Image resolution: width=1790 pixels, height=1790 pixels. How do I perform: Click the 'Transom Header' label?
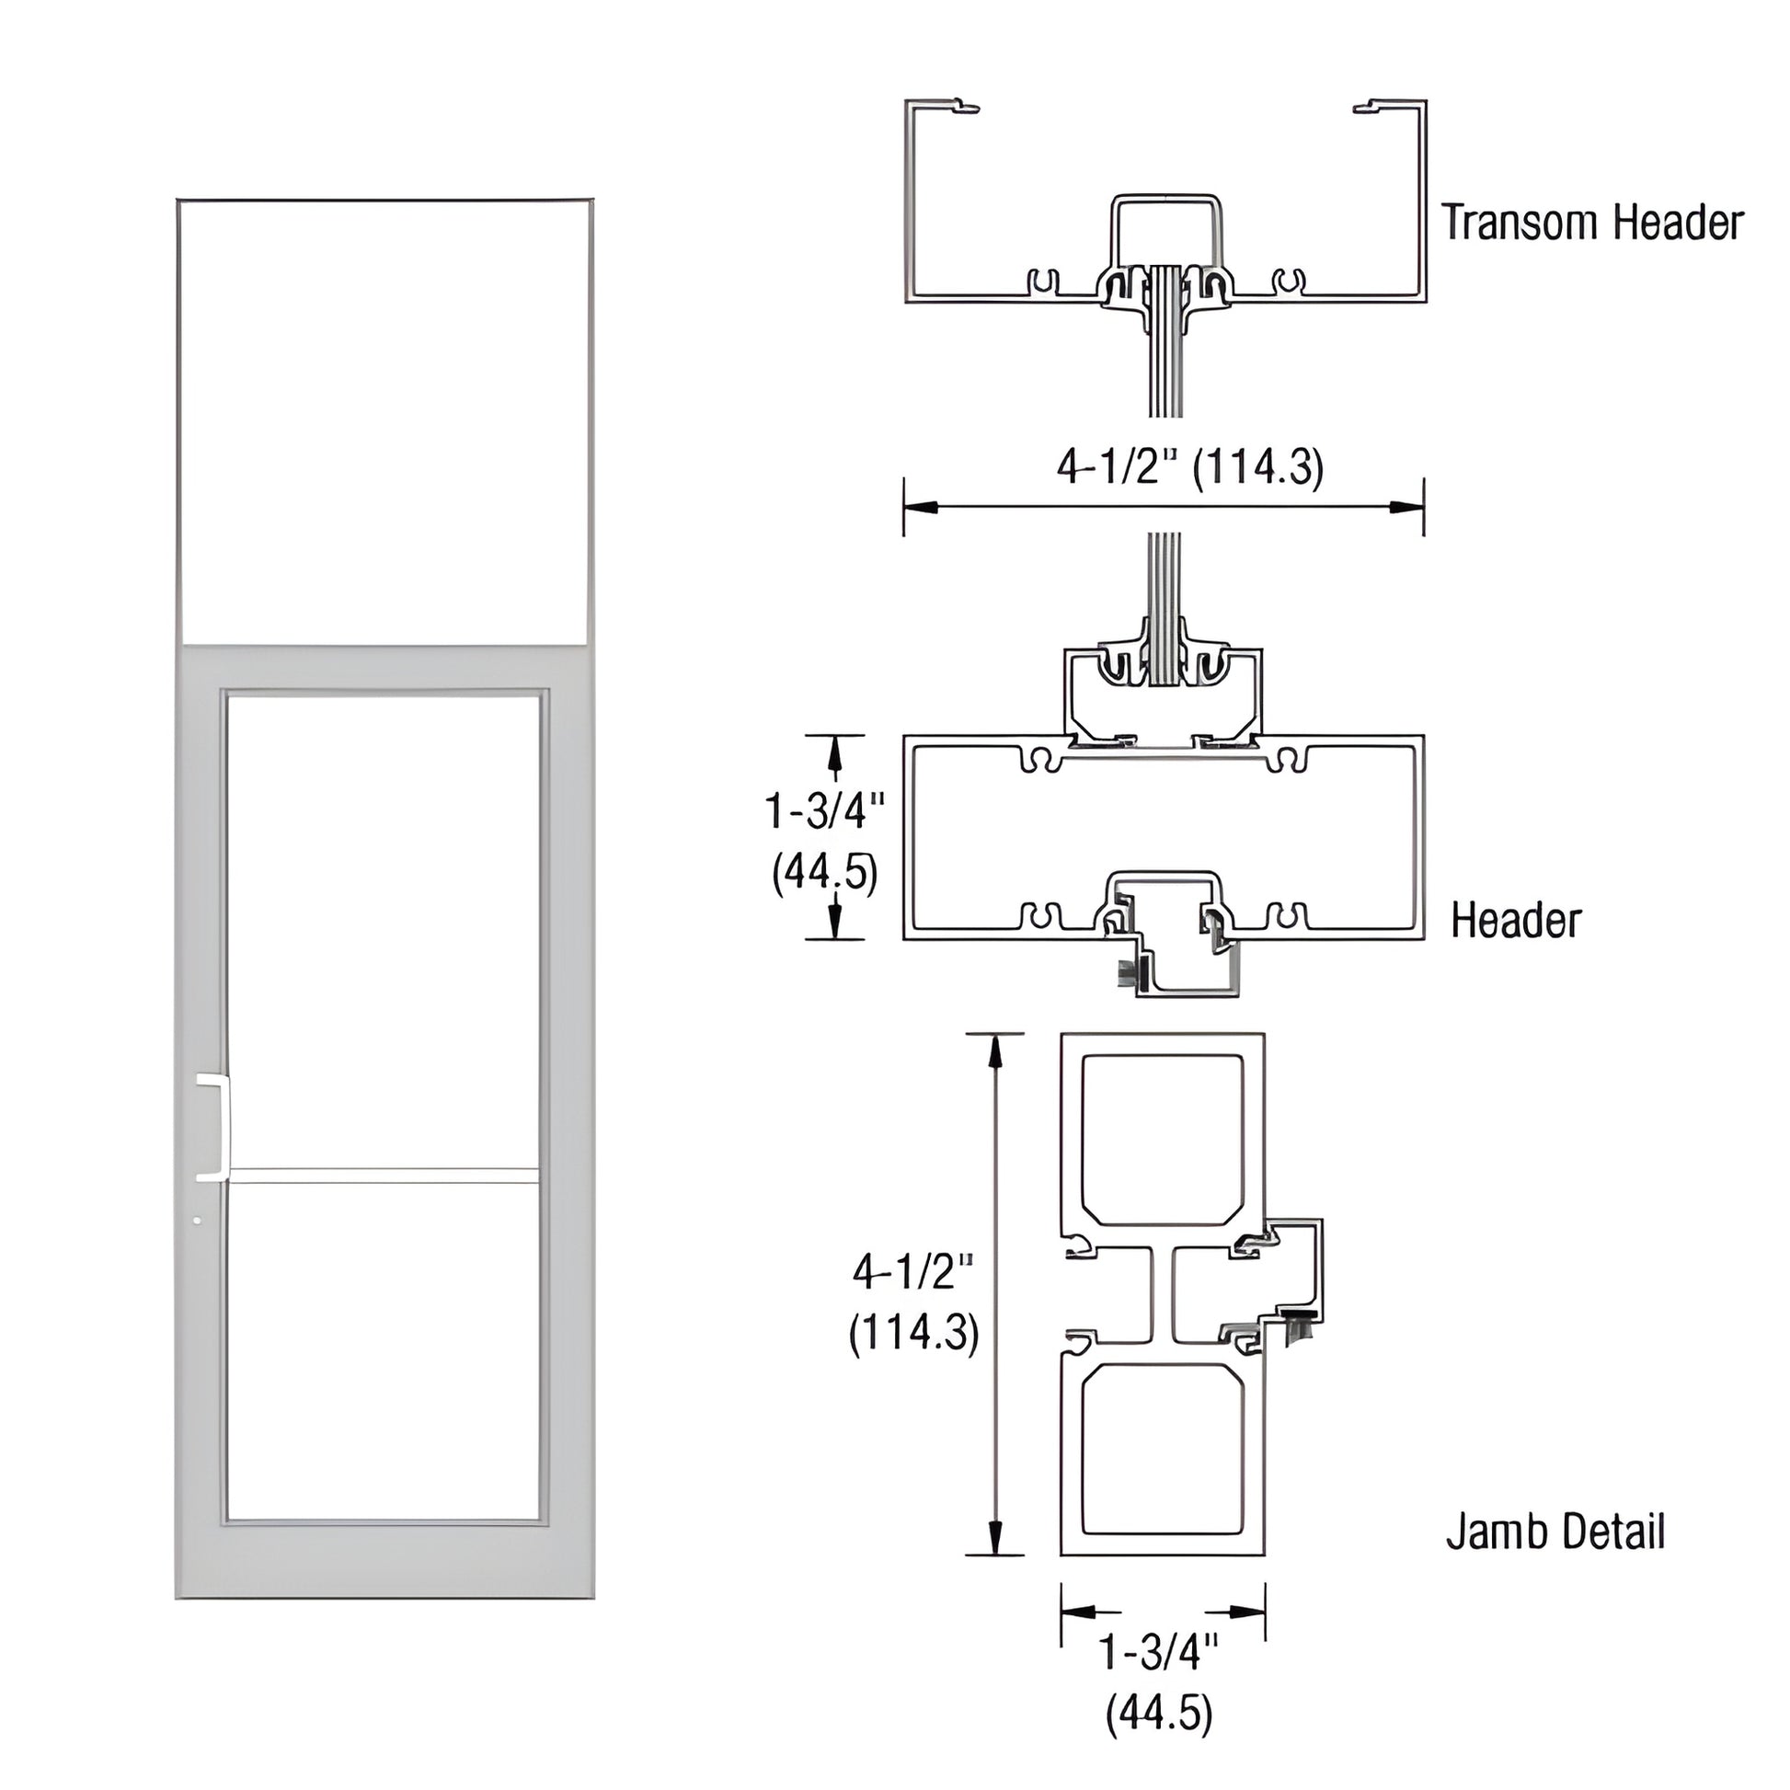(1591, 224)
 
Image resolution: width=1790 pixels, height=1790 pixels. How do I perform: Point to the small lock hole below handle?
(197, 1222)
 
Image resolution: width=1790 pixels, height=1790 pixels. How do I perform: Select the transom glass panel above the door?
(384, 421)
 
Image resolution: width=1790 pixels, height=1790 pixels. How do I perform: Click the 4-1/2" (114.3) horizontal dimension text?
(1189, 468)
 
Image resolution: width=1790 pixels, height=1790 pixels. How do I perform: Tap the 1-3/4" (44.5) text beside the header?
(823, 842)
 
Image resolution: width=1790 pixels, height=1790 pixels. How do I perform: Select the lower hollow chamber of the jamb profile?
(1163, 1463)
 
